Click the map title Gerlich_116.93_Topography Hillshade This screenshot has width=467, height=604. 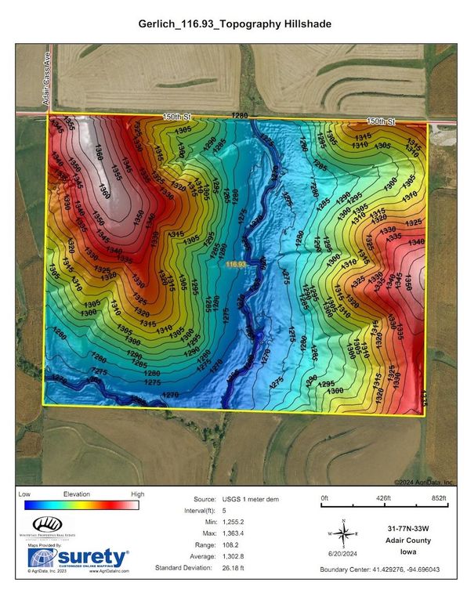click(233, 25)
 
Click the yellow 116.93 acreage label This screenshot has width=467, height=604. click(236, 266)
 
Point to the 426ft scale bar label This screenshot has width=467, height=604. click(383, 498)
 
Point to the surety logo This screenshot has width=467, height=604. click(78, 557)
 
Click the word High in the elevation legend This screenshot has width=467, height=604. click(137, 494)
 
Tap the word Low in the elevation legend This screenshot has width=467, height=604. click(24, 494)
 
